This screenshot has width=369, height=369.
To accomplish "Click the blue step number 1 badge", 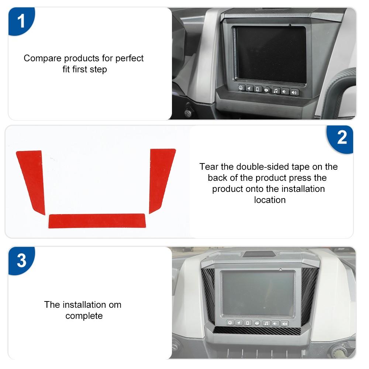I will point(21,21).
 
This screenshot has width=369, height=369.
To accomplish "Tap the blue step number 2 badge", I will point(342,138).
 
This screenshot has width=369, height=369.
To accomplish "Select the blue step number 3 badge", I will point(21,260).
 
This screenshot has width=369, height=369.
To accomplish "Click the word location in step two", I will point(270,200).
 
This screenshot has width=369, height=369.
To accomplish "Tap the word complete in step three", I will point(84,316).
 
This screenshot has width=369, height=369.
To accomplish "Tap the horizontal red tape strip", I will point(97,221).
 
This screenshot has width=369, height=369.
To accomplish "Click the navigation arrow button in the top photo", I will point(249,89).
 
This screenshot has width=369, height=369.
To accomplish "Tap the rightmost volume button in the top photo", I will point(294,92).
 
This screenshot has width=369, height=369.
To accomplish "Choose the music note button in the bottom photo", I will point(266,323).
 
